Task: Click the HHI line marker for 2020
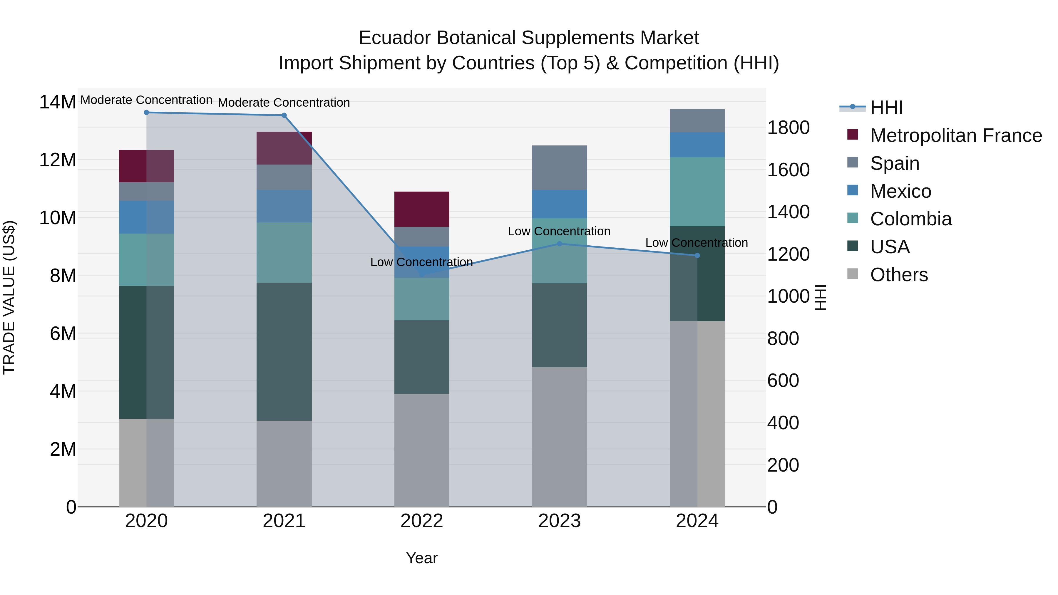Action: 146,113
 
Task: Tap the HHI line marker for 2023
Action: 559,244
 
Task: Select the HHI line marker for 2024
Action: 697,255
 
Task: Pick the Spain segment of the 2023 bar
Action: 559,167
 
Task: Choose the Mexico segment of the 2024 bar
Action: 697,145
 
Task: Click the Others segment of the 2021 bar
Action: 284,464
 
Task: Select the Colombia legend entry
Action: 910,219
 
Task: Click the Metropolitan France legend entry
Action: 956,135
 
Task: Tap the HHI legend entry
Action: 886,108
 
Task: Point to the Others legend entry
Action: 899,275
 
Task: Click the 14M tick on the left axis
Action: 58,102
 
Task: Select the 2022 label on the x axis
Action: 422,521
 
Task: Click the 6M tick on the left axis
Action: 63,333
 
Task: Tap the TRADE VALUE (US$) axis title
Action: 9,297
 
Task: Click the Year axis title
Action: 422,558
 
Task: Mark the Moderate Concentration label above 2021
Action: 284,103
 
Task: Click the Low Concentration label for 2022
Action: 421,262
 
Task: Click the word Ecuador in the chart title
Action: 395,38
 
